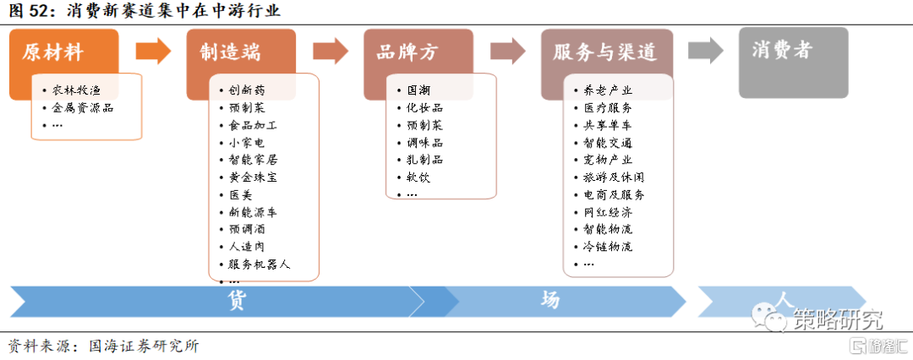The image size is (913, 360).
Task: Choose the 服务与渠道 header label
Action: (604, 52)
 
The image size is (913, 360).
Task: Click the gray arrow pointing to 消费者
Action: (705, 51)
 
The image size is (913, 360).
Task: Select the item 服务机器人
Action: (259, 265)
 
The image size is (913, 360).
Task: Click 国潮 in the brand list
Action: (418, 90)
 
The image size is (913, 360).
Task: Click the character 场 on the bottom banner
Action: (549, 300)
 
